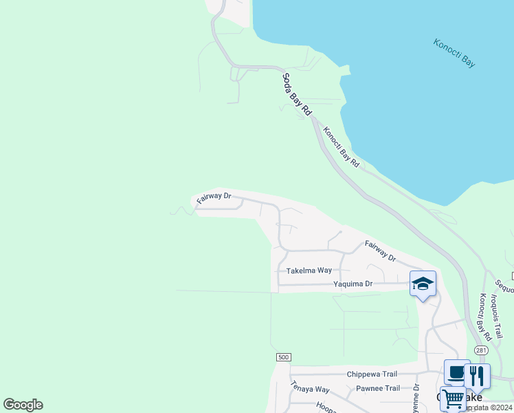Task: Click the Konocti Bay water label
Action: [454, 53]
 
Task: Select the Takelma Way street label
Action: [309, 271]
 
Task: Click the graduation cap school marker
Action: [423, 284]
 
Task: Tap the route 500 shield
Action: [283, 357]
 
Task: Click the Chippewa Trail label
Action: [372, 374]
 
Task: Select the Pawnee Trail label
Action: [377, 388]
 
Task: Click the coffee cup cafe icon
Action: [456, 372]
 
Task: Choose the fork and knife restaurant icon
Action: [477, 376]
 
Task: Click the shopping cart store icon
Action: [453, 399]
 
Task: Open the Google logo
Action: [23, 405]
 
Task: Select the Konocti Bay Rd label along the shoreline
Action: [342, 147]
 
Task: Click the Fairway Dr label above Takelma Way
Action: [381, 251]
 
